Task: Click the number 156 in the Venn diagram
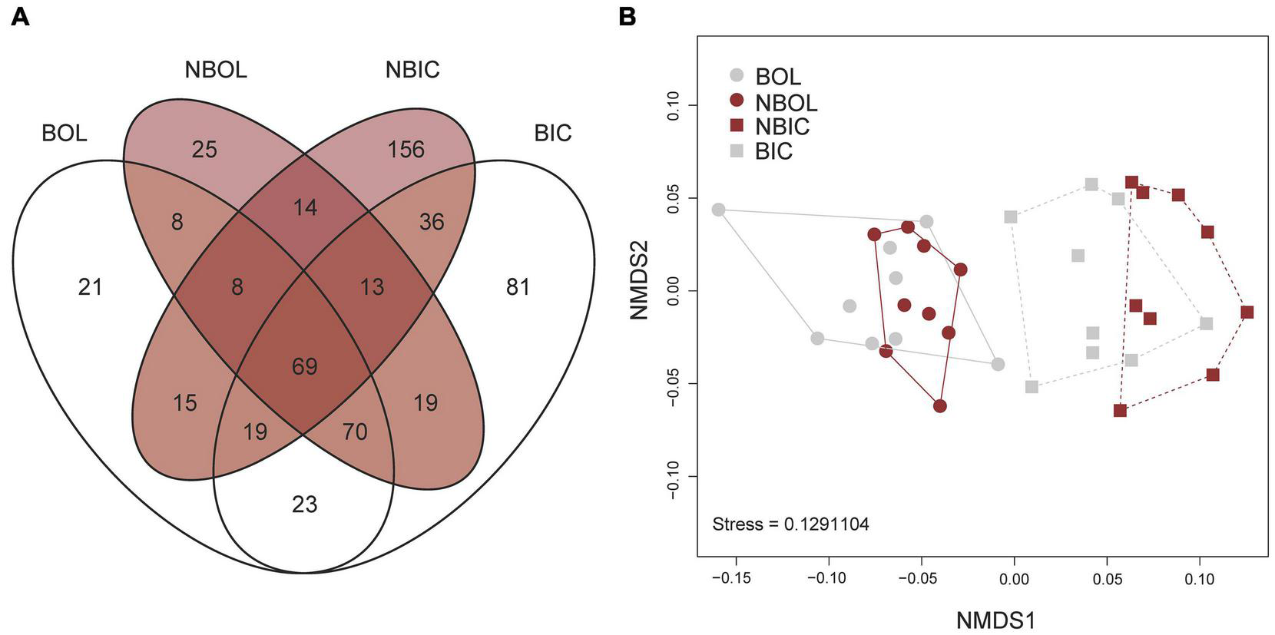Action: [406, 149]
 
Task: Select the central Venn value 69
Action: [305, 366]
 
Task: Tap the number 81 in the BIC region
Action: [518, 287]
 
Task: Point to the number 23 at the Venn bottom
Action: [305, 504]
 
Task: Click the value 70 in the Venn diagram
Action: [354, 432]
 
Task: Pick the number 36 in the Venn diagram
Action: [432, 222]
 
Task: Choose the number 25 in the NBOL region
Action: [204, 149]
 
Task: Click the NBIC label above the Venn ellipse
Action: [412, 70]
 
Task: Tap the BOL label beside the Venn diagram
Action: [65, 133]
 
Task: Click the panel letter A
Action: [21, 16]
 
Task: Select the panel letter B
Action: [628, 16]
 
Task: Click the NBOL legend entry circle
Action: [737, 101]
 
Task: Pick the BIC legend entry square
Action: [737, 150]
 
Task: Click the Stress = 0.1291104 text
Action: [790, 524]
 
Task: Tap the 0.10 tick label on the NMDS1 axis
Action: [1200, 577]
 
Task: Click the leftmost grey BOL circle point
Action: [718, 210]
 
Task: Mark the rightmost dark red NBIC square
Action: [1247, 312]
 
